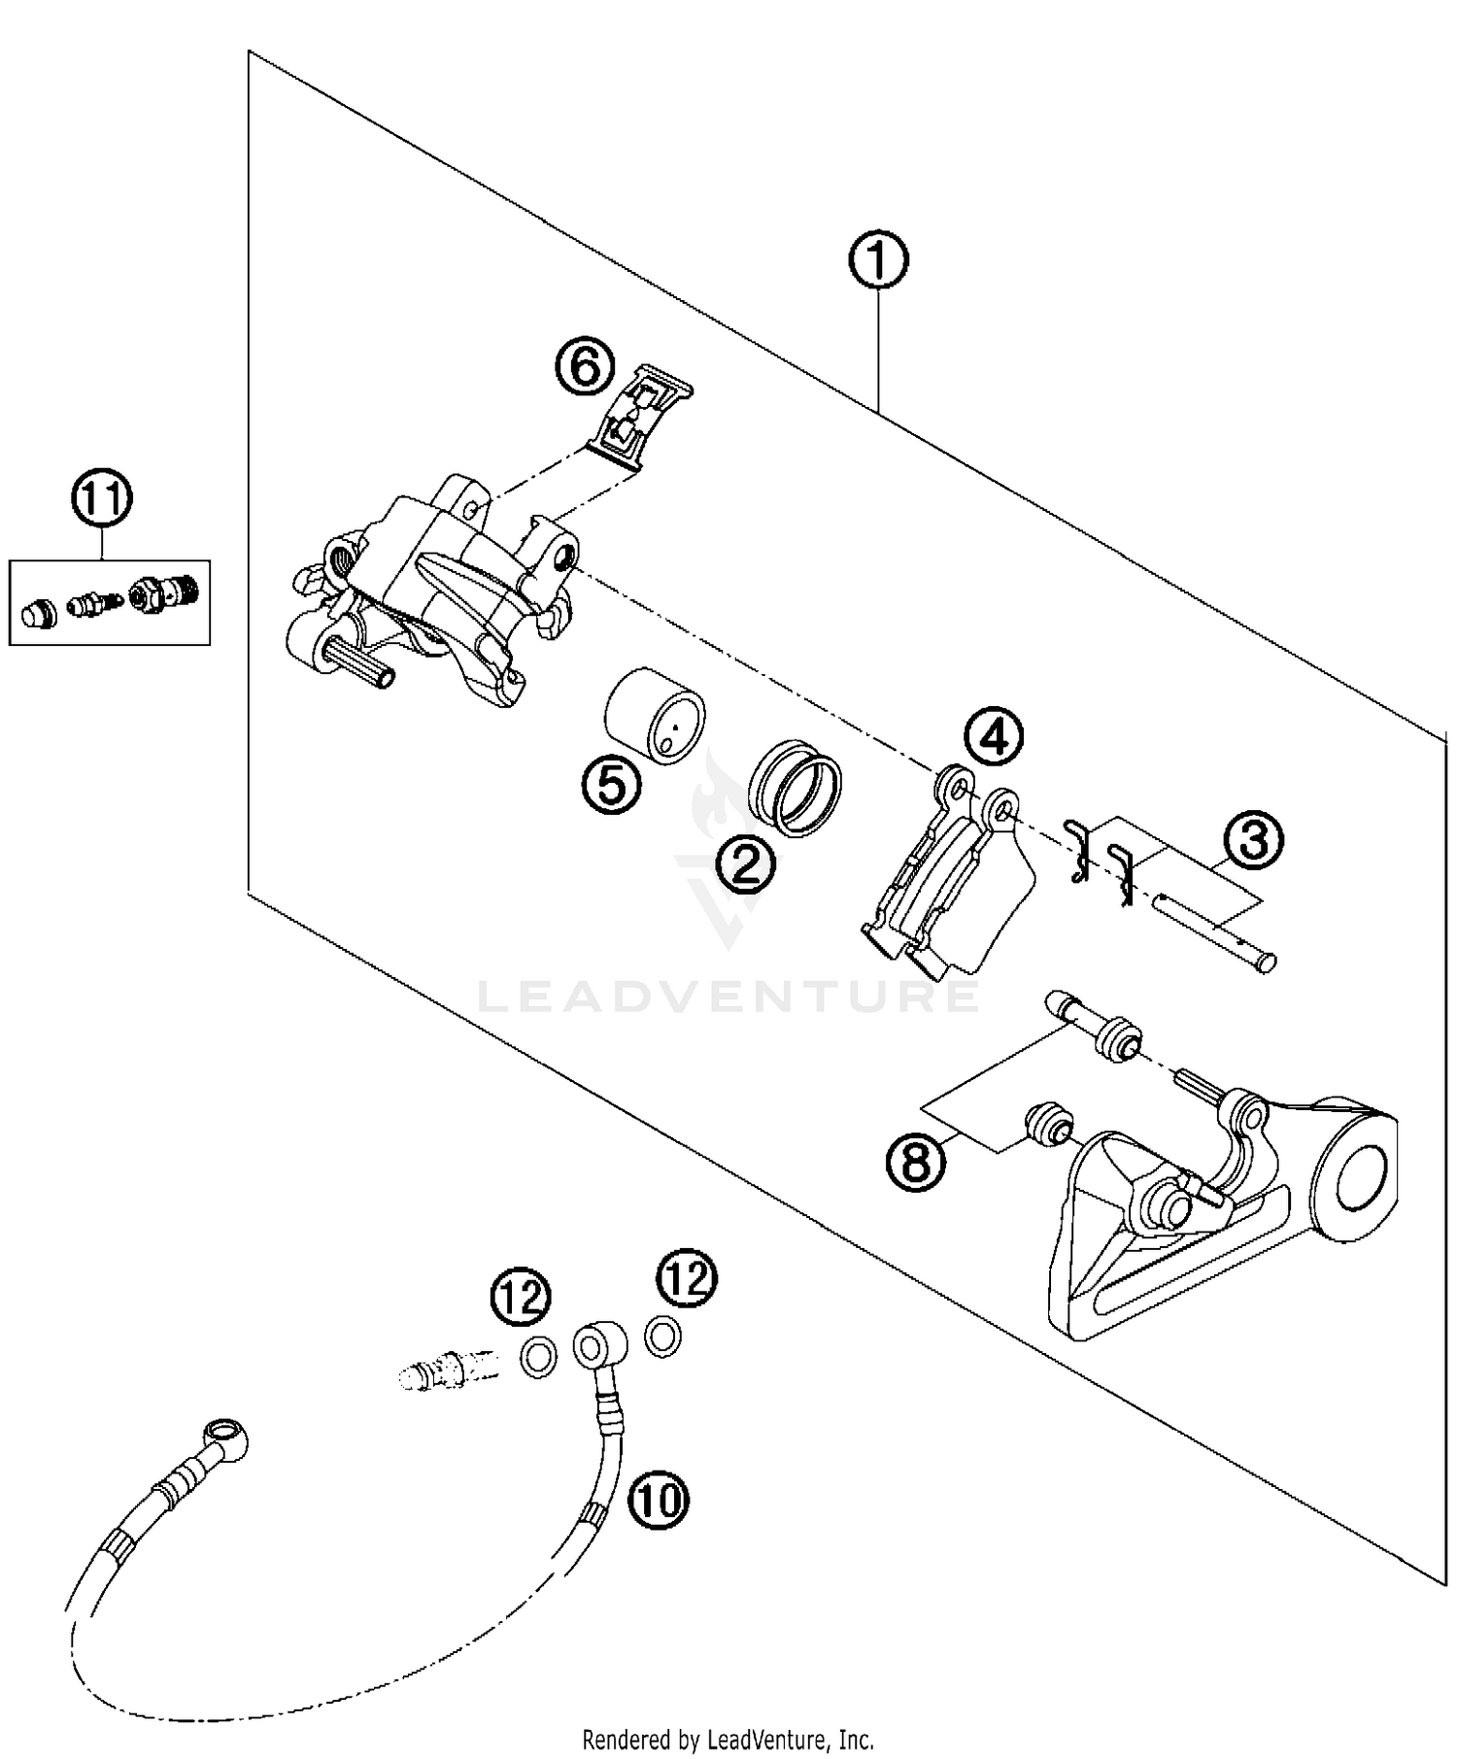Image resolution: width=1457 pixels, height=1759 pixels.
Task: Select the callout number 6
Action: [x=586, y=368]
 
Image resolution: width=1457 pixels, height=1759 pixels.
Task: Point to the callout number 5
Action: [x=612, y=785]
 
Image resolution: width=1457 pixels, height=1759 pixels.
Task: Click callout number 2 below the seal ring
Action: [x=746, y=863]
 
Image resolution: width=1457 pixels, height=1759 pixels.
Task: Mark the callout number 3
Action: [x=1253, y=840]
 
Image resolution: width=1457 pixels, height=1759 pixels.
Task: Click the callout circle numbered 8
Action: [x=916, y=1161]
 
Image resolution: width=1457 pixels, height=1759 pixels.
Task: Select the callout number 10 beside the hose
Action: [x=658, y=1502]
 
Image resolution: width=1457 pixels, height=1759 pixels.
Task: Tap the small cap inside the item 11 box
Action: [x=38, y=613]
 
